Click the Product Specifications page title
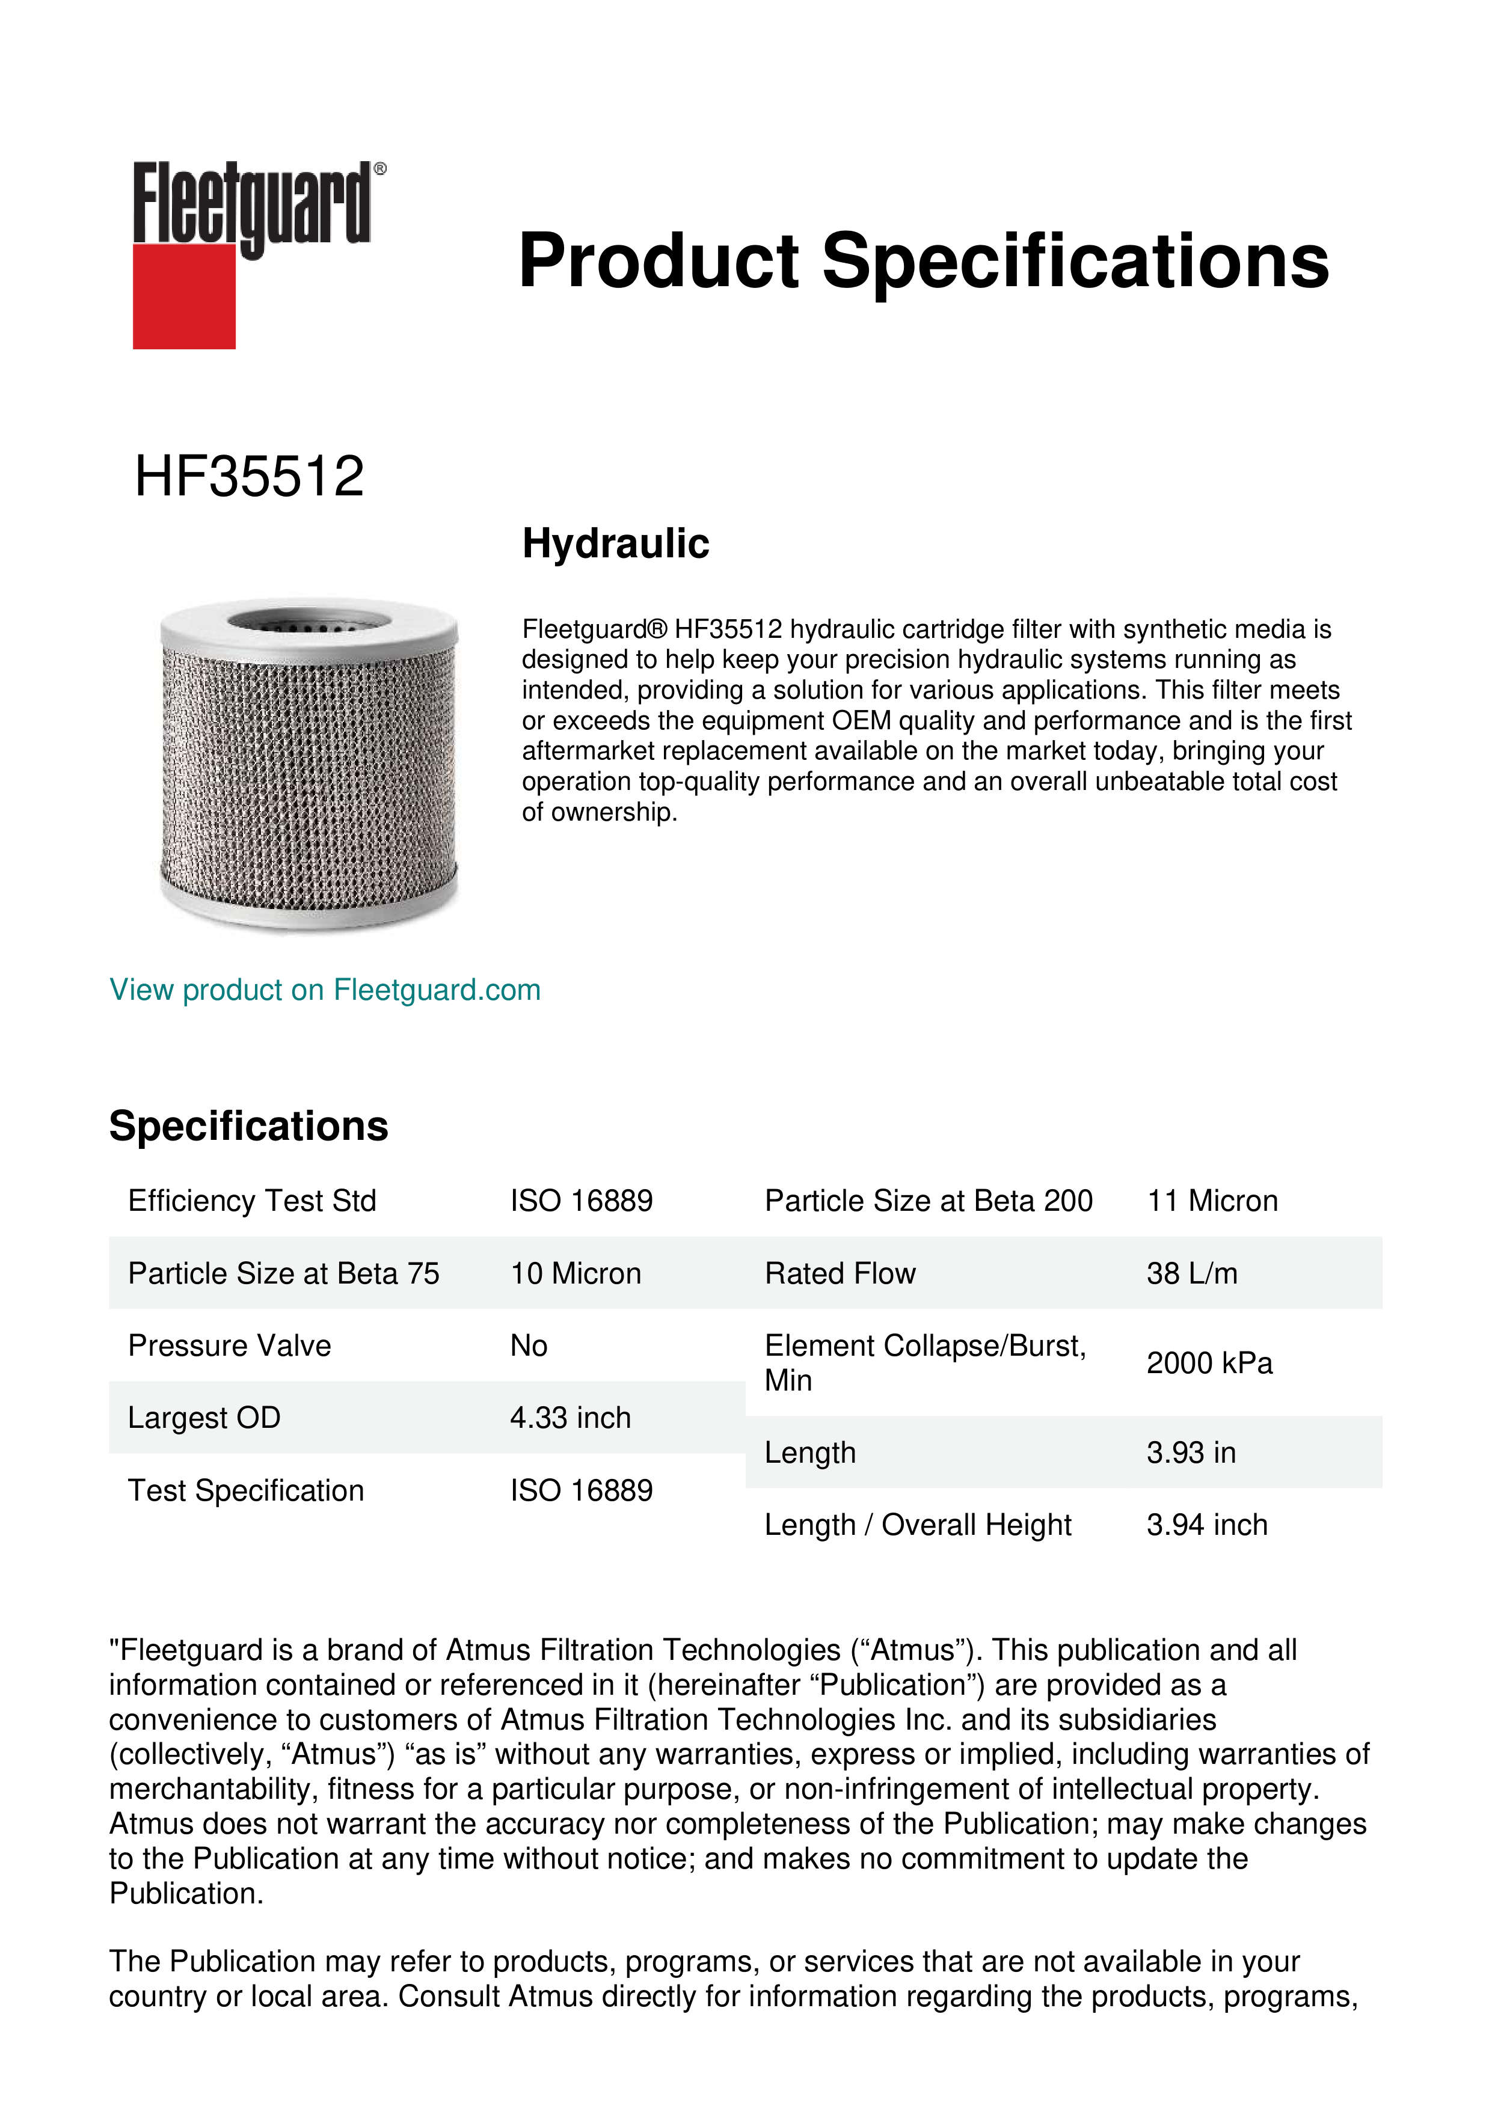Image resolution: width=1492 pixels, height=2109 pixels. tap(923, 261)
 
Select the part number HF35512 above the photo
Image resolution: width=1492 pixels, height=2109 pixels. tap(249, 477)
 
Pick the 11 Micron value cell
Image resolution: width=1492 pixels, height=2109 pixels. tap(1212, 1201)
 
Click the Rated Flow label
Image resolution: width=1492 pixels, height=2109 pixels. tap(840, 1273)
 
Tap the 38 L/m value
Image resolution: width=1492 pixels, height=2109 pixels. tap(1191, 1273)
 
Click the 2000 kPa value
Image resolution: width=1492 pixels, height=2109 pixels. tap(1209, 1363)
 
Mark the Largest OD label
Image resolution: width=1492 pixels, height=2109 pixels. tap(204, 1418)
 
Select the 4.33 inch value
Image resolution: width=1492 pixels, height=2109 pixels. tap(571, 1418)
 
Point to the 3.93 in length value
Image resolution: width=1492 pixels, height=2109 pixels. tap(1191, 1452)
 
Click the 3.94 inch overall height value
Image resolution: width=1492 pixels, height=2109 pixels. tap(1206, 1525)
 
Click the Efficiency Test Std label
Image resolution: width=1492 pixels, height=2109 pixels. tap(253, 1201)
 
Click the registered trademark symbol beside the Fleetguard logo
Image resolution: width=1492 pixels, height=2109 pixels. tap(380, 169)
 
